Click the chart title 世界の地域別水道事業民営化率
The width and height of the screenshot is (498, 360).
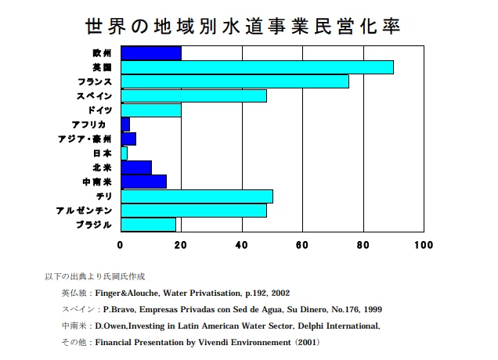243,27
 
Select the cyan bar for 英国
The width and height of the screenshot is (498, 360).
258,67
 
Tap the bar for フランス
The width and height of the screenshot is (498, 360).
235,81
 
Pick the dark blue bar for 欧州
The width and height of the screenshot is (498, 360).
151,53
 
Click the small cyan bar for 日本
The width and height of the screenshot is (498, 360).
125,153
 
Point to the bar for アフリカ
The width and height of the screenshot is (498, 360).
125,124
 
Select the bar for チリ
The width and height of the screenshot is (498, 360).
197,196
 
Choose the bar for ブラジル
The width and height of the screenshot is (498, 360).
148,225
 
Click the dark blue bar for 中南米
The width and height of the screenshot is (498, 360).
144,182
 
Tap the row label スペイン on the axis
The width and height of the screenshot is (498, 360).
94,96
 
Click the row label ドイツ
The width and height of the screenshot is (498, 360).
100,110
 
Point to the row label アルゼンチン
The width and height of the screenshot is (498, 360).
84,211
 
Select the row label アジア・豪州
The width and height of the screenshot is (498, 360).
85,139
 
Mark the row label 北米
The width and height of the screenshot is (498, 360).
103,167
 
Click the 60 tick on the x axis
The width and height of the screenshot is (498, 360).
302,245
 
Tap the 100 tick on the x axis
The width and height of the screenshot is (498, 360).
424,245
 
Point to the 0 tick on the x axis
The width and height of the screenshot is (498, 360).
120,245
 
